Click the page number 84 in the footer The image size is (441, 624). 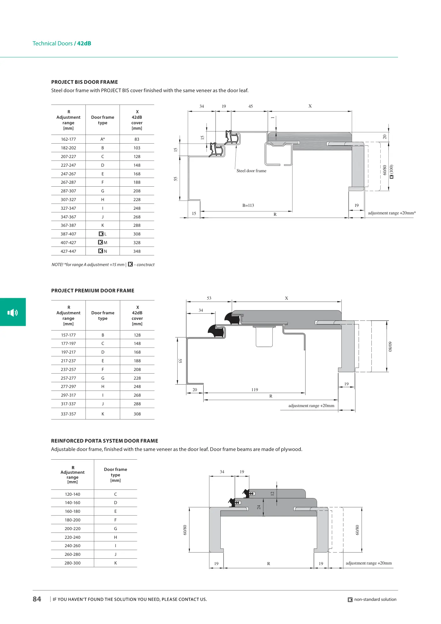(x=37, y=599)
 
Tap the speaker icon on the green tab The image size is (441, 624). (x=13, y=312)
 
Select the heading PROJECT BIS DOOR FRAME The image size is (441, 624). (x=85, y=82)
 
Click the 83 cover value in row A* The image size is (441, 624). (x=137, y=139)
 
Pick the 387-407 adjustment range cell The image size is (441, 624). (x=68, y=234)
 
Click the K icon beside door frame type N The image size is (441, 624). (x=101, y=251)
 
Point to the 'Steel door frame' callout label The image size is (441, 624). (x=251, y=171)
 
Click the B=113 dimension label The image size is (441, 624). (x=248, y=205)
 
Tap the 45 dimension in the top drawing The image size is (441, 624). (x=251, y=106)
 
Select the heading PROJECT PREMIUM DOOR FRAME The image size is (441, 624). (x=93, y=291)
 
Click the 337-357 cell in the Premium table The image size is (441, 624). (x=68, y=414)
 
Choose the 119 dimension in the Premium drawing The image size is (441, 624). (x=255, y=390)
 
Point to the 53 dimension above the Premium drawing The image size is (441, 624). (x=209, y=298)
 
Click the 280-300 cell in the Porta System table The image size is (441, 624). (x=72, y=563)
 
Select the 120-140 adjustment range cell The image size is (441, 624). (x=72, y=494)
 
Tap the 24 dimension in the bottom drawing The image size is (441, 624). (x=259, y=507)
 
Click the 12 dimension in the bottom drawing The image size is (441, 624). (x=272, y=493)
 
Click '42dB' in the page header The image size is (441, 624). (x=84, y=43)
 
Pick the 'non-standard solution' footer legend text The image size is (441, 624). (x=375, y=599)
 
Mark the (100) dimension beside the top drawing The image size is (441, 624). (x=391, y=169)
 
